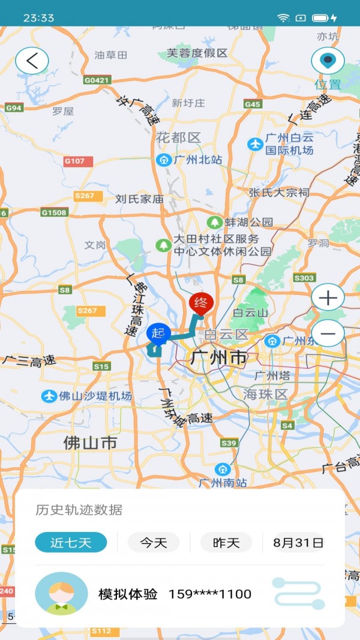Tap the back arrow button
pyautogui.click(x=32, y=61)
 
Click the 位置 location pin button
pyautogui.click(x=328, y=61)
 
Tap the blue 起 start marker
pyautogui.click(x=158, y=334)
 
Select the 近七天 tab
pyautogui.click(x=71, y=543)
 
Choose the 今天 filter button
pyautogui.click(x=154, y=543)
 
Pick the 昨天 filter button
pyautogui.click(x=226, y=543)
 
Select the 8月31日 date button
pyautogui.click(x=298, y=543)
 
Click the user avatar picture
pyautogui.click(x=61, y=594)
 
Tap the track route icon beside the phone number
pyautogui.click(x=298, y=594)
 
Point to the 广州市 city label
pyautogui.click(x=218, y=359)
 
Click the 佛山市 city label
pyautogui.click(x=91, y=443)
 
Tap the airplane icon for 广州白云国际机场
pyautogui.click(x=255, y=145)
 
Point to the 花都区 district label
pyautogui.click(x=178, y=137)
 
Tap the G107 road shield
pyautogui.click(x=78, y=161)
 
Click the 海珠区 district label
pyautogui.click(x=266, y=394)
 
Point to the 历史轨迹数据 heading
pyautogui.click(x=79, y=510)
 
